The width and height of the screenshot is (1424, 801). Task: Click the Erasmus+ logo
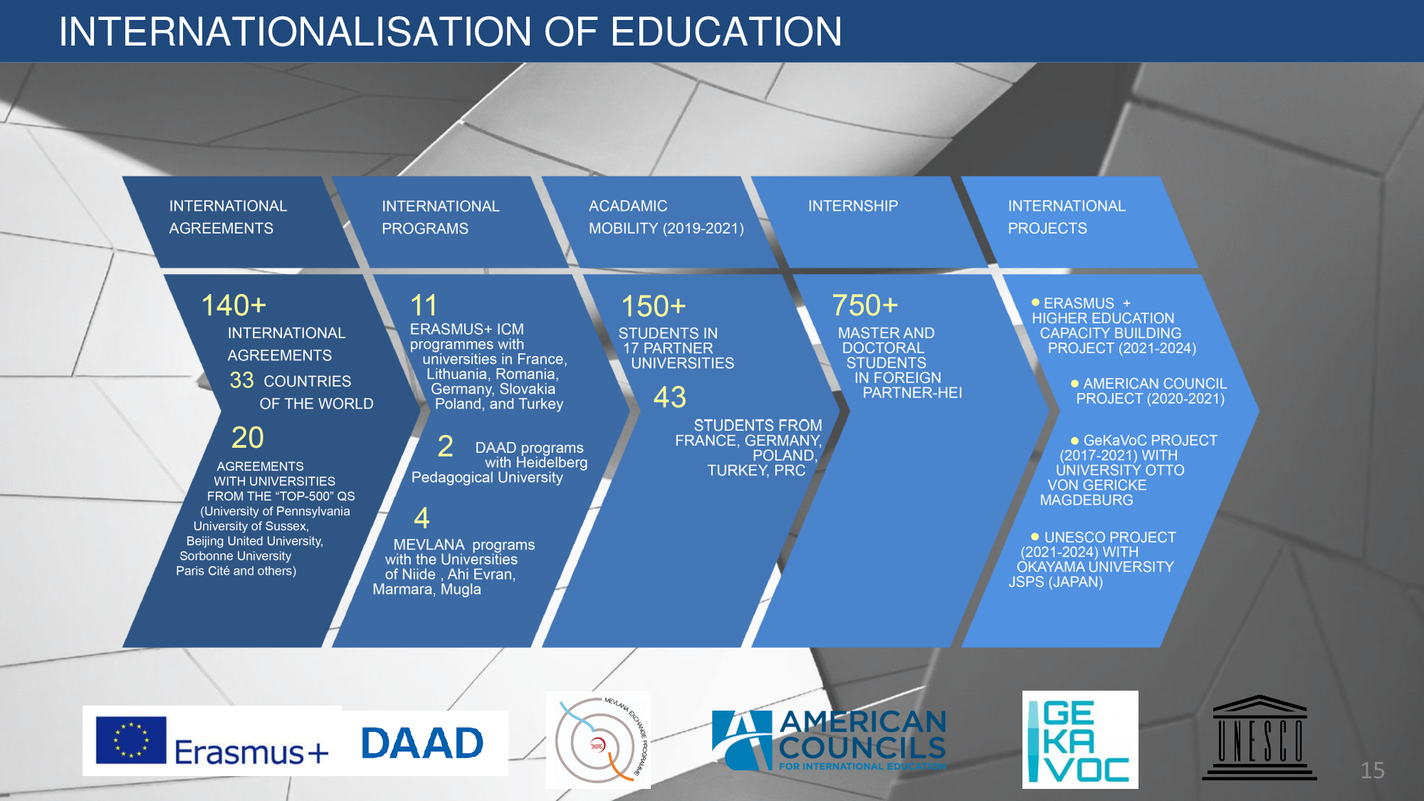(212, 740)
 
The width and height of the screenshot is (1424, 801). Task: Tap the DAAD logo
(423, 743)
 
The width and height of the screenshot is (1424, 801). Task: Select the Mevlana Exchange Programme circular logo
(598, 740)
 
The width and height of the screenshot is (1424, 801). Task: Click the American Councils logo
(829, 740)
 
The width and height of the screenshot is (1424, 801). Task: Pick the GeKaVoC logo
(1080, 740)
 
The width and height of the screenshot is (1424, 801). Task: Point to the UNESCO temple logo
(1259, 738)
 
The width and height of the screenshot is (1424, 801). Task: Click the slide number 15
(1372, 770)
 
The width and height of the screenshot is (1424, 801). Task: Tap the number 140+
(234, 305)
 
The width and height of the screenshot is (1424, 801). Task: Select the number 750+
(864, 305)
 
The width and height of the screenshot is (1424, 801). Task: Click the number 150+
(654, 306)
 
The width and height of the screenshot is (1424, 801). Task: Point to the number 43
(670, 397)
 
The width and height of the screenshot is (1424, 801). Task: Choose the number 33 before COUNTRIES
(241, 380)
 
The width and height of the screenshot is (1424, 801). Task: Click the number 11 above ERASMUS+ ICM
(424, 305)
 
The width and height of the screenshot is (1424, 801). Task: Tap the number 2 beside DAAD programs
(445, 446)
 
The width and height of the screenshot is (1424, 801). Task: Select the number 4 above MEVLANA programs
(422, 518)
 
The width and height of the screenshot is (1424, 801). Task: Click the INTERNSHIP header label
(853, 206)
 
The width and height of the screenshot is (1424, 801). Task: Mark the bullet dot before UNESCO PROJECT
(1035, 536)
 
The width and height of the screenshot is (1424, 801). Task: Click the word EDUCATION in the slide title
(726, 31)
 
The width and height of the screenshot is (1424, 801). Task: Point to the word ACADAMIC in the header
(628, 206)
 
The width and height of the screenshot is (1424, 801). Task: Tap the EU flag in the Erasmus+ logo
(131, 740)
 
